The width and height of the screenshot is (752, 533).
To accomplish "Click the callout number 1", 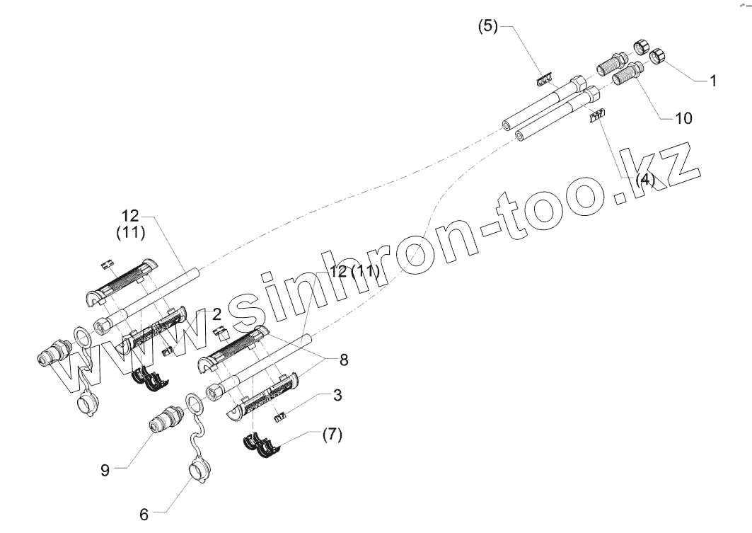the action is (x=713, y=81).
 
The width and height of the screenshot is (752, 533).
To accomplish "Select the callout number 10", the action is (x=683, y=118).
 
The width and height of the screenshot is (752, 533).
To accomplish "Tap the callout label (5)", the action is (x=488, y=27).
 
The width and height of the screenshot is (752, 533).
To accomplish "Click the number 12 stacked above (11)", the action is (x=131, y=216).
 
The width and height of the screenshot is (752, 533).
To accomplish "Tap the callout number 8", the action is (x=344, y=360).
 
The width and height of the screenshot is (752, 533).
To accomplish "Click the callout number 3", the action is (x=337, y=395).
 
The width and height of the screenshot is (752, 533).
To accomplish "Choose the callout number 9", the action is (x=105, y=469).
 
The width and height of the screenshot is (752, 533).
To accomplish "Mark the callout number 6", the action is (x=144, y=515).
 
